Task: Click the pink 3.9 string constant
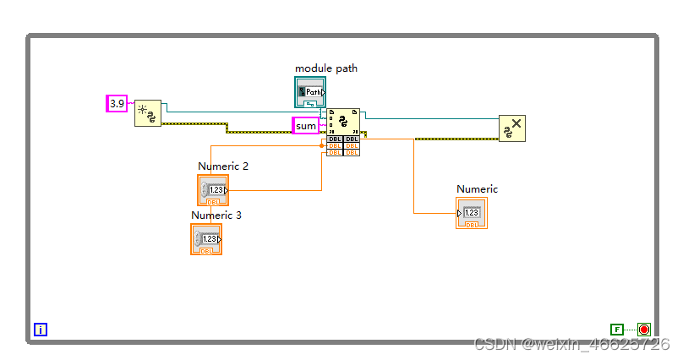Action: click(117, 103)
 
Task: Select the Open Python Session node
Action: click(147, 113)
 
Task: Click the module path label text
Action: click(325, 68)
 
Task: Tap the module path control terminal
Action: click(310, 91)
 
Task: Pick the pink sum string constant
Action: click(305, 126)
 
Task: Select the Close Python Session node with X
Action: click(511, 128)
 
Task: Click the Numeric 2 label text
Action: click(223, 166)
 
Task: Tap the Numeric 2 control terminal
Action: click(213, 190)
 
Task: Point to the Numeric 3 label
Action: click(216, 215)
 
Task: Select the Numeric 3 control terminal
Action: click(206, 239)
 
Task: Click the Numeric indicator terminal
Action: click(472, 213)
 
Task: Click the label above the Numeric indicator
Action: click(478, 189)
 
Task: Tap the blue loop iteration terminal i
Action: click(41, 330)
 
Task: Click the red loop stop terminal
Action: click(644, 330)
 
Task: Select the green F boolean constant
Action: click(617, 330)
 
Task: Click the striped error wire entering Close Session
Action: click(440, 139)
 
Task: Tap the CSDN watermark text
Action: click(571, 345)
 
